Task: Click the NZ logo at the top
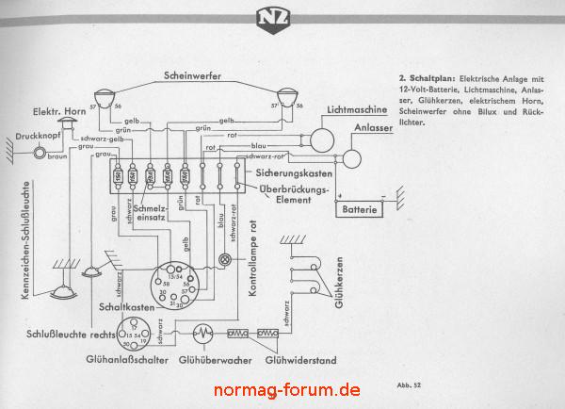(282, 19)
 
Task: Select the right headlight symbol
(285, 98)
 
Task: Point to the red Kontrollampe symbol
(224, 259)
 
